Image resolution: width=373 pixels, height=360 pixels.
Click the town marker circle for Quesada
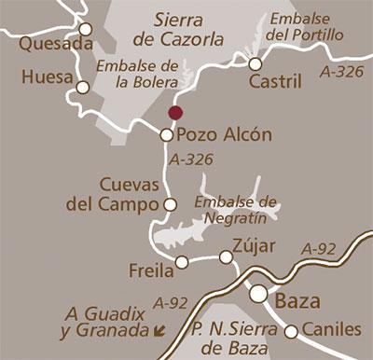click(86, 29)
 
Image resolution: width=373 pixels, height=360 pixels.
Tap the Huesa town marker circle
click(82, 89)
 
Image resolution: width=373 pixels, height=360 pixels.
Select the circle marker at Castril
click(256, 63)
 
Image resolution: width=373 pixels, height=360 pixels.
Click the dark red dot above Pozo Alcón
click(173, 113)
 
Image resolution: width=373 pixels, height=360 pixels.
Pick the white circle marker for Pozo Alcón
click(167, 134)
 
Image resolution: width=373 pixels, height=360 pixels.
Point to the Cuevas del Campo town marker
click(170, 204)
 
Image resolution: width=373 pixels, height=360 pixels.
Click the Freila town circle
click(182, 263)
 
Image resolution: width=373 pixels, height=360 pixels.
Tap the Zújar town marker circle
click(225, 256)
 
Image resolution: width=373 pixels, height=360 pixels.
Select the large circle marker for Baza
click(258, 294)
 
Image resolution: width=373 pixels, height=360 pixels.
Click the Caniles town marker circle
click(291, 331)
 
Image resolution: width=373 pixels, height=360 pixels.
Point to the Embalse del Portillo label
click(305, 28)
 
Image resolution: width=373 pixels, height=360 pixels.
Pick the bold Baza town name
click(297, 301)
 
